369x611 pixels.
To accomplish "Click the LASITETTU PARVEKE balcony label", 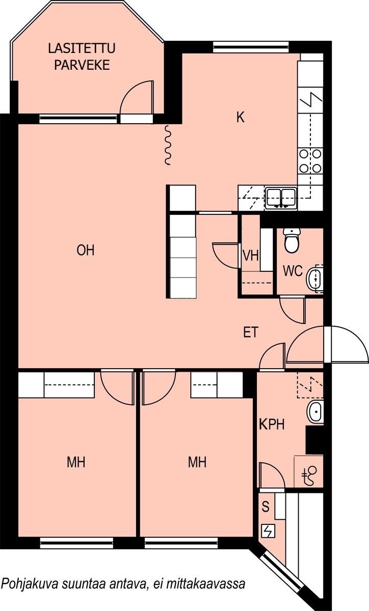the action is click(x=82, y=57).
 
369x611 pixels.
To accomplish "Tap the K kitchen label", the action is click(x=241, y=117).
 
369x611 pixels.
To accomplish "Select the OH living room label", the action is click(x=86, y=251).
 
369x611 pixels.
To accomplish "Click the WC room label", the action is click(x=293, y=271).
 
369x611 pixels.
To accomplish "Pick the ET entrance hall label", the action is click(x=251, y=332).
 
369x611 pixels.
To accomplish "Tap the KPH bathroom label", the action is click(x=272, y=424).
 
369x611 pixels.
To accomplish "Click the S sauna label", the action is click(x=266, y=507).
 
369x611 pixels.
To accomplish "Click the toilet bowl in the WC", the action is click(x=292, y=240).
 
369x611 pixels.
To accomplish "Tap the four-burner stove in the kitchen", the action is click(x=310, y=161).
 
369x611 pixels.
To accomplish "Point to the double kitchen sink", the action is click(x=281, y=198).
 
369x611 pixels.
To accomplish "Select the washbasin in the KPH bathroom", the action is click(x=315, y=411).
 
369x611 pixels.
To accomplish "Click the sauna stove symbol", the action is click(x=268, y=531).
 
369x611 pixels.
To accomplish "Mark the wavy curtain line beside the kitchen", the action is click(x=168, y=145).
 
